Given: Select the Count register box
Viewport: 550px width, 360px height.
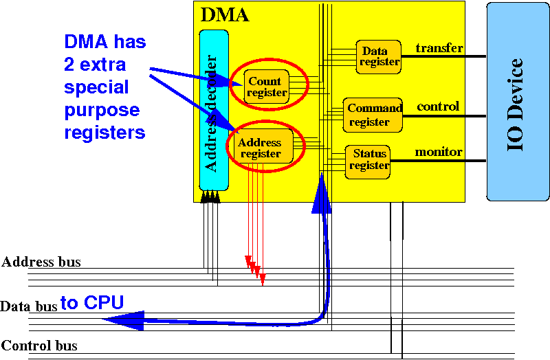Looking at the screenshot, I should point(265,87).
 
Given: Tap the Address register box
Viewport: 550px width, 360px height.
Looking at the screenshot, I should point(260,148).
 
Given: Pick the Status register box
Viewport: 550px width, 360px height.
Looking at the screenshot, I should point(368,159).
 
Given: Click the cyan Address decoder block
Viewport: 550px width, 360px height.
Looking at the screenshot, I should point(212,110).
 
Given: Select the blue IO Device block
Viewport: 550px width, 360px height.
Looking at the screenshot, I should point(517,101).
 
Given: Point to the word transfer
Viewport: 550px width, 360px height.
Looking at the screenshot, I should point(439,48).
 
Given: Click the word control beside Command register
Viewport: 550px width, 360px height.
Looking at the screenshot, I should point(438,107).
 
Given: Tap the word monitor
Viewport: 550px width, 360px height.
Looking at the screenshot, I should point(438,152).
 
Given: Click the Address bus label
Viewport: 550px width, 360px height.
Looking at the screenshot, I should point(41,262).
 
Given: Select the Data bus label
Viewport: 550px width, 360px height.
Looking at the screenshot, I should point(29,306).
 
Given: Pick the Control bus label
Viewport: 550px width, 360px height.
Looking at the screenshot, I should point(40,346).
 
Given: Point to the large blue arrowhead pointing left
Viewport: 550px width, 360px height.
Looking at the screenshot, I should point(124,319).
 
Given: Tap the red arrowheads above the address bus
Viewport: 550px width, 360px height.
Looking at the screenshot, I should point(255,269).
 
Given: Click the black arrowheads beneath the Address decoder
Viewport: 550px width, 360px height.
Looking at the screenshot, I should point(210,199).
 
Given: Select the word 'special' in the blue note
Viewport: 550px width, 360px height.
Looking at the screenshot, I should point(96,87).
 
